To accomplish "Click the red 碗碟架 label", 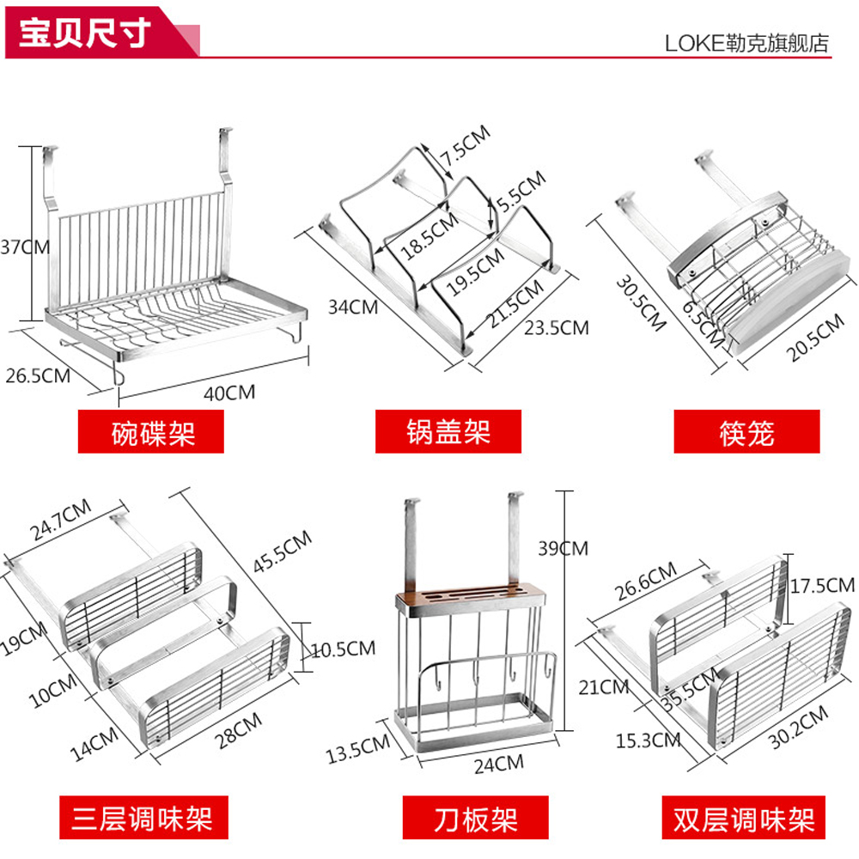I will point(151,431).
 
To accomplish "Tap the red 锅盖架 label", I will point(448,431).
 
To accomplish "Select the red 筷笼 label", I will point(746,431).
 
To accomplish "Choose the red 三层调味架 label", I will point(136,817).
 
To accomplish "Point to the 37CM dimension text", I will point(24,247).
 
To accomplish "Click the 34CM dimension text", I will point(352,305).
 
